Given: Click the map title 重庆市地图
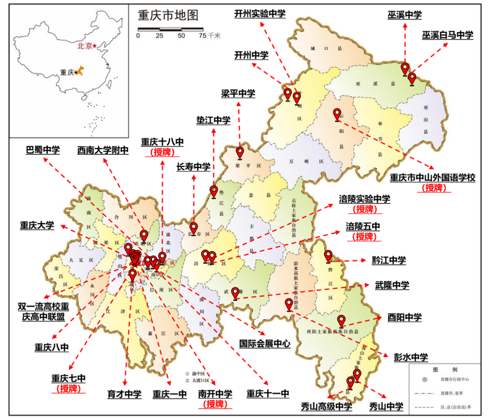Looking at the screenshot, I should [x=168, y=15].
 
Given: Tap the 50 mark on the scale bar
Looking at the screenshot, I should [x=181, y=36].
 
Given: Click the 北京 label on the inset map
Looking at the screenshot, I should [x=85, y=46].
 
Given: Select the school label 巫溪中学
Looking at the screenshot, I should [x=405, y=15].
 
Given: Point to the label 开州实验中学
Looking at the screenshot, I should [x=260, y=14].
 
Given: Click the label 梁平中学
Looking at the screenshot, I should [x=238, y=94].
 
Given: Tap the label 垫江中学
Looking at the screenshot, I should [x=213, y=121].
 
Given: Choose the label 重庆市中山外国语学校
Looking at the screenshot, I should [x=432, y=178].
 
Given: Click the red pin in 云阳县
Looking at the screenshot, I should [x=337, y=114].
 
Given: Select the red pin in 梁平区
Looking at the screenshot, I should [x=240, y=152].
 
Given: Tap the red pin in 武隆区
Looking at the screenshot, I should [x=235, y=293].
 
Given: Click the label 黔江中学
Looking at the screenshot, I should [x=388, y=261].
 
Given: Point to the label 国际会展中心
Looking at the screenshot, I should [x=265, y=344].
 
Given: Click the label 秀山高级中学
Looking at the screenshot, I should [x=326, y=407].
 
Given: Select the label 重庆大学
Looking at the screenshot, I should [x=37, y=226].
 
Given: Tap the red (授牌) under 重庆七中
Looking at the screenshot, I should [x=69, y=389].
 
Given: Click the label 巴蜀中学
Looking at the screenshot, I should [x=43, y=150].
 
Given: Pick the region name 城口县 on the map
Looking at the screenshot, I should [x=326, y=49].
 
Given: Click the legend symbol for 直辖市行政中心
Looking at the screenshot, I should [x=425, y=380].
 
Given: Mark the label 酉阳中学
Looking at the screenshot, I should [x=404, y=318].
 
